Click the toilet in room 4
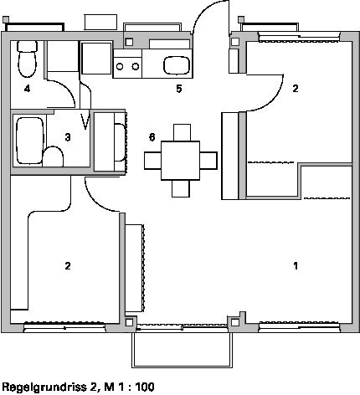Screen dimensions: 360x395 pyautogui.click(x=27, y=59)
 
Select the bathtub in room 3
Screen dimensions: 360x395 pyautogui.click(x=30, y=141)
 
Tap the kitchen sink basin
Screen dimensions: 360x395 pyautogui.click(x=177, y=65)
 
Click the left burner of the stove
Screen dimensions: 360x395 pyautogui.click(x=120, y=67)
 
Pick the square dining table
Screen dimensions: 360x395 pyautogui.click(x=180, y=161)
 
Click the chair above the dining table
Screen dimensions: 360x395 pyautogui.click(x=182, y=132)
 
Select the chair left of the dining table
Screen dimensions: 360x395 pyautogui.click(x=152, y=161)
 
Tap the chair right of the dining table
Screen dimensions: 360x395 pyautogui.click(x=208, y=161)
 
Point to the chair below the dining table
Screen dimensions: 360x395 pyautogui.click(x=181, y=188)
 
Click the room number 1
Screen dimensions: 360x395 pyautogui.click(x=296, y=265)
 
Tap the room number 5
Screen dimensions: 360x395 pyautogui.click(x=179, y=89)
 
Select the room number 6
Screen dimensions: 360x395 pyautogui.click(x=152, y=137)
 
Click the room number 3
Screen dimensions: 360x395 pyautogui.click(x=68, y=137)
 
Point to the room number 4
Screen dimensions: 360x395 pyautogui.click(x=27, y=89)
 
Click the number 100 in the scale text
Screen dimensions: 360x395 pyautogui.click(x=145, y=387)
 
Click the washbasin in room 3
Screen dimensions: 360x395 pyautogui.click(x=53, y=156)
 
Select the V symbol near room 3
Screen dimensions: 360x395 pyautogui.click(x=85, y=121)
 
